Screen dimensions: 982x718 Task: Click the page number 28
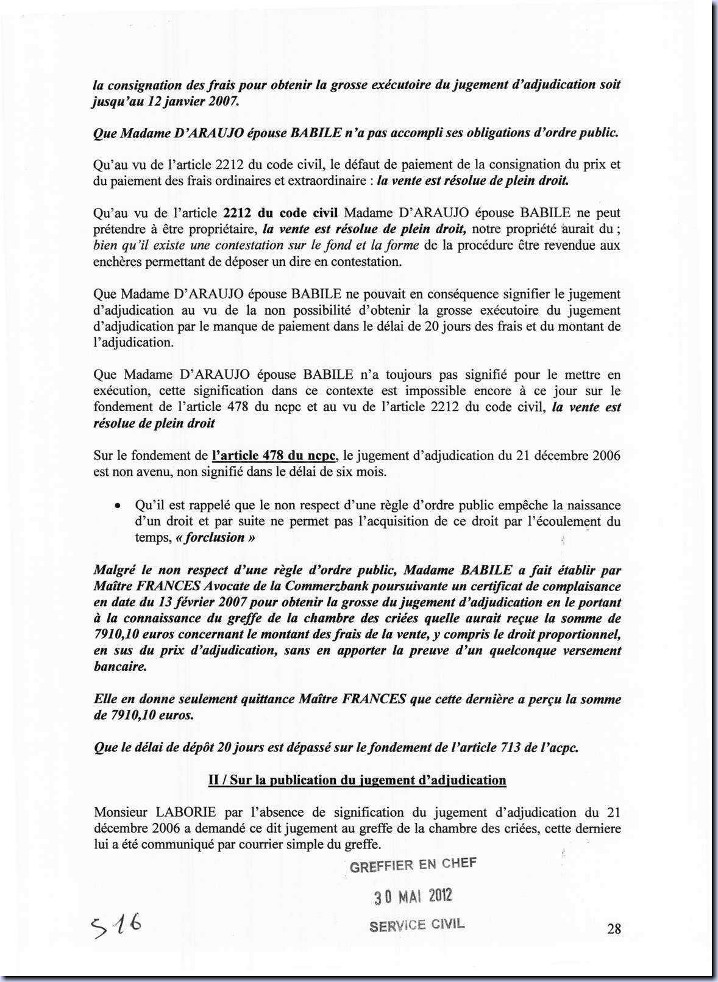click(x=614, y=928)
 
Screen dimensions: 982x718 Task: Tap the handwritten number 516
click(x=116, y=926)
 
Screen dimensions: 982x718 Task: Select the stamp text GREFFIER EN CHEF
click(x=413, y=865)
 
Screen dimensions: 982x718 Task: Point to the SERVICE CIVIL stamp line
click(x=416, y=925)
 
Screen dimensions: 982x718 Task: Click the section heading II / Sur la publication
click(x=357, y=780)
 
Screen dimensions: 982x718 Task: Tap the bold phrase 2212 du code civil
click(x=280, y=213)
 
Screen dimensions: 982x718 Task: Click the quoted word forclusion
click(x=215, y=537)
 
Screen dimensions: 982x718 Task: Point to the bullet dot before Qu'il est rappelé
click(x=117, y=506)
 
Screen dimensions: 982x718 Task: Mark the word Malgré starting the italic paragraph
click(x=116, y=570)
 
